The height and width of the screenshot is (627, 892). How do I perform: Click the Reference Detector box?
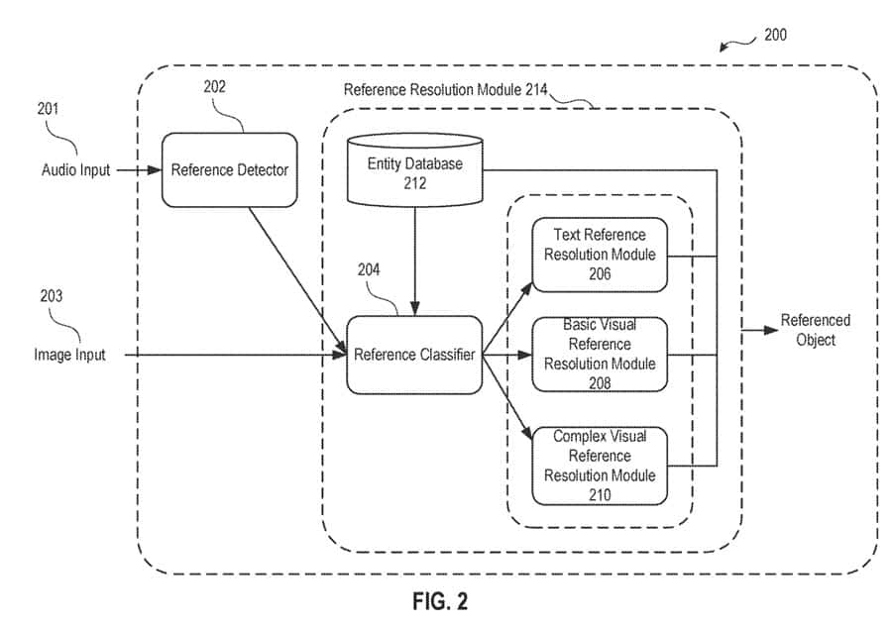(229, 169)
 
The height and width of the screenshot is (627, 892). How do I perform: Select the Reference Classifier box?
(414, 354)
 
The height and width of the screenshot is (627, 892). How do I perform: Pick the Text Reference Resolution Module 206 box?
(600, 255)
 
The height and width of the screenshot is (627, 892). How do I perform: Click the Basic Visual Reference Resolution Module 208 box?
(600, 354)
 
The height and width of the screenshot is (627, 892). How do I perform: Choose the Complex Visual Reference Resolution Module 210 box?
(600, 466)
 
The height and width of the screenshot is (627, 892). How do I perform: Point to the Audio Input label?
(76, 169)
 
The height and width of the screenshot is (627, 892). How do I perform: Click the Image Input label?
(70, 354)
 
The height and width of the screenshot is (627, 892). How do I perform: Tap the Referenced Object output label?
(815, 330)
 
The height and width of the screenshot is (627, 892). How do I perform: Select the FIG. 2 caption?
(439, 601)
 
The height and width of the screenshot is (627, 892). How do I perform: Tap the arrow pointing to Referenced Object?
(759, 330)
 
